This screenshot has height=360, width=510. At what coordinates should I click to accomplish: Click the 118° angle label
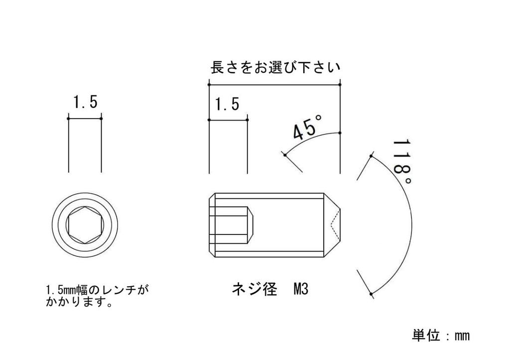[402, 162]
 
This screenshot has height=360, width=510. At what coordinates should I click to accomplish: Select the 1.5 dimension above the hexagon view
[85, 102]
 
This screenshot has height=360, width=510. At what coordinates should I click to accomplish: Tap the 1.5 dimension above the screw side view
[227, 104]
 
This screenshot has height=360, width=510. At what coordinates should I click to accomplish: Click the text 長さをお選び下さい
[275, 67]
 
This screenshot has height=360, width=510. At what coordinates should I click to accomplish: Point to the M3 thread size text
[300, 289]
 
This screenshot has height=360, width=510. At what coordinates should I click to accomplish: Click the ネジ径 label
[255, 289]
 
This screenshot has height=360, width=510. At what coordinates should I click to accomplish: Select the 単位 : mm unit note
[441, 335]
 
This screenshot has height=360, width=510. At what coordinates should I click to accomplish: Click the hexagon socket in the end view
[85, 225]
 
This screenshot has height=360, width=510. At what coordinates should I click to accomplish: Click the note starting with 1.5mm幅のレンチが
[98, 296]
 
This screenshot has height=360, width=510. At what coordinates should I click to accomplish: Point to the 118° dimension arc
[411, 225]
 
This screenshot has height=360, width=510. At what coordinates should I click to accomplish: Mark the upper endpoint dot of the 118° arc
[371, 156]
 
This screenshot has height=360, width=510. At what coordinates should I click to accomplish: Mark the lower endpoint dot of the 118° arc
[371, 294]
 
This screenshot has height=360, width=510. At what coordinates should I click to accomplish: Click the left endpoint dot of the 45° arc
[285, 155]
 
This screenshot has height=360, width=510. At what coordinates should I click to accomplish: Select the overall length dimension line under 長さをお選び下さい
[274, 85]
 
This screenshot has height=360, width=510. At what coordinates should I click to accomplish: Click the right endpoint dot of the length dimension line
[340, 85]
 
